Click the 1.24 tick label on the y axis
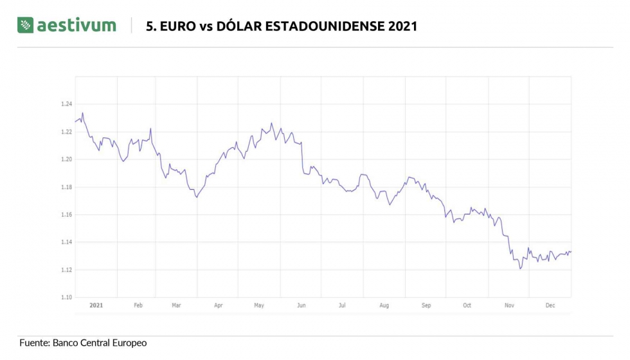pyautogui.click(x=66, y=104)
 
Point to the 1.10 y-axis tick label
pyautogui.click(x=66, y=297)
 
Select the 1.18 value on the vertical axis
pyautogui.click(x=66, y=187)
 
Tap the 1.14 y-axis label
pyautogui.click(x=66, y=242)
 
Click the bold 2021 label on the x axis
pyautogui.click(x=96, y=305)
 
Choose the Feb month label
pyautogui.click(x=138, y=305)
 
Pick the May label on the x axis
pyautogui.click(x=259, y=305)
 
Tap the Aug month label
pyautogui.click(x=384, y=305)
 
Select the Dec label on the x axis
pyautogui.click(x=550, y=305)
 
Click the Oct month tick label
pyautogui.click(x=467, y=305)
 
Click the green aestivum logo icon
pyautogui.click(x=25, y=25)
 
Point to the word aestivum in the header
pyautogui.click(x=76, y=25)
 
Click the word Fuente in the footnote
pyautogui.click(x=35, y=343)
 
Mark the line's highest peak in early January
pyautogui.click(x=83, y=113)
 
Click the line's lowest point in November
pyautogui.click(x=520, y=269)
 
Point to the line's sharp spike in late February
pyautogui.click(x=150, y=129)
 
